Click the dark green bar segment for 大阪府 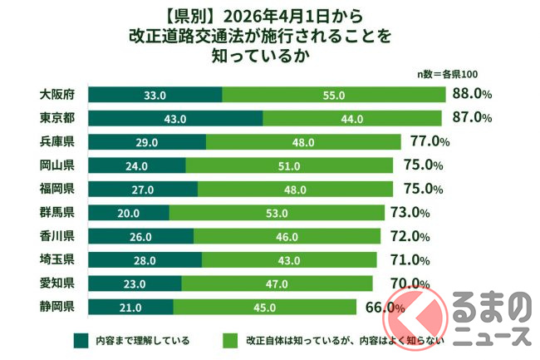[x=155, y=96]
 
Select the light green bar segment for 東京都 [x=352, y=119]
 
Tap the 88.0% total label [x=471, y=95]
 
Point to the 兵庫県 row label [x=58, y=142]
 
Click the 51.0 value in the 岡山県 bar [x=288, y=165]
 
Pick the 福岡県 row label [x=58, y=189]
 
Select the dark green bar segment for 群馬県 [x=128, y=213]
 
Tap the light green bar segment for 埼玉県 [x=292, y=260]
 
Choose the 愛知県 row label [x=58, y=284]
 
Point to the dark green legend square [x=80, y=339]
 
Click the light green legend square [x=229, y=339]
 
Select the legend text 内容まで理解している [x=142, y=340]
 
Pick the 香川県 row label [x=58, y=236]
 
